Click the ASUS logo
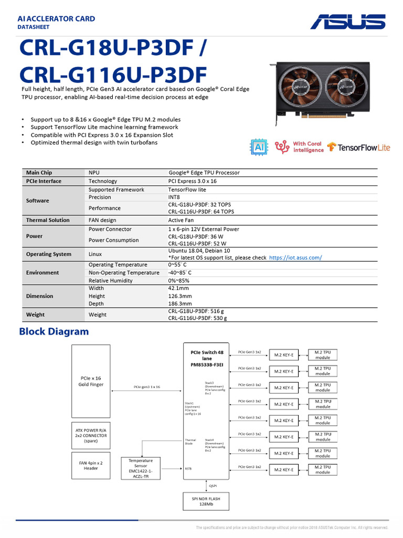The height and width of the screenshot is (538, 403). click(347, 22)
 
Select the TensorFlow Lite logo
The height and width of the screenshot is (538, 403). click(359, 148)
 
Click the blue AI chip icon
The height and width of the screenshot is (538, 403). click(259, 147)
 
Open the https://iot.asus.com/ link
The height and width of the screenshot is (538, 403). click(295, 257)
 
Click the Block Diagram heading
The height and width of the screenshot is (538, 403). click(54, 332)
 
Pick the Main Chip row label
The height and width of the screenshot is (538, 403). click(39, 172)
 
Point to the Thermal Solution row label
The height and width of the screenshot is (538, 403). click(48, 220)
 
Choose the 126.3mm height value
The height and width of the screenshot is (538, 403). click(180, 296)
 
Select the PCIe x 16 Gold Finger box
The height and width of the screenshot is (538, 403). click(91, 381)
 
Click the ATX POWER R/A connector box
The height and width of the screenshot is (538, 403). click(91, 435)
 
